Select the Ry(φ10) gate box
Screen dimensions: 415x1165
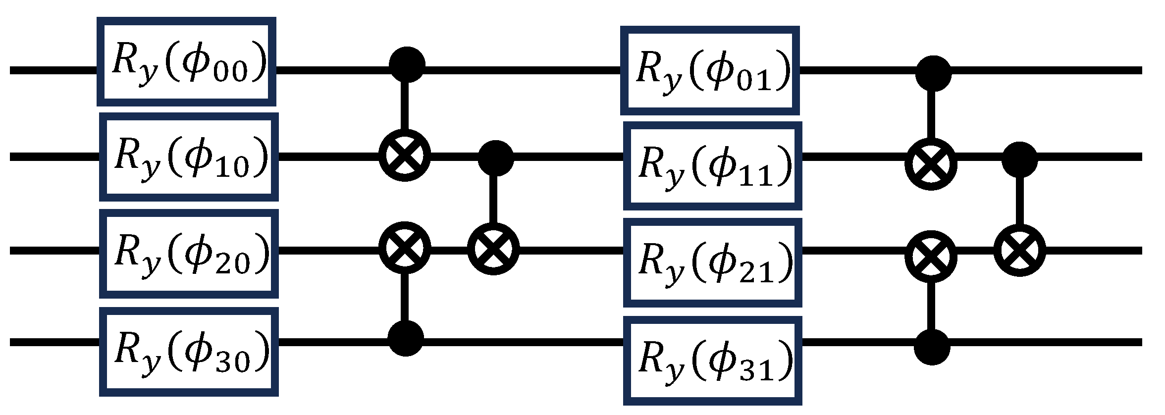[x=189, y=157]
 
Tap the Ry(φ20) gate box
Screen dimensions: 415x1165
[x=189, y=254]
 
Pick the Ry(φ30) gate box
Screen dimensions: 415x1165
[x=189, y=352]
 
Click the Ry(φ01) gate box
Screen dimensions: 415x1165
[x=710, y=71]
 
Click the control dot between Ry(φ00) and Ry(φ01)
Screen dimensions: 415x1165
[x=407, y=65]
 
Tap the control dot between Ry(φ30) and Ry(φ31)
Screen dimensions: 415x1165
[x=406, y=338]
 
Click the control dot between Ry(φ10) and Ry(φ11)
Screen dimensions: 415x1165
[x=496, y=158]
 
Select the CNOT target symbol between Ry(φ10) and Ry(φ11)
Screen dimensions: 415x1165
[x=405, y=156]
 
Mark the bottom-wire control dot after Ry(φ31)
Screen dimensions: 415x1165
[x=932, y=347]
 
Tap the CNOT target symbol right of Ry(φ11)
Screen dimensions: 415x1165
[x=931, y=163]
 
